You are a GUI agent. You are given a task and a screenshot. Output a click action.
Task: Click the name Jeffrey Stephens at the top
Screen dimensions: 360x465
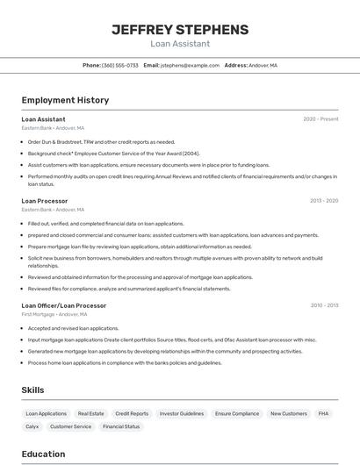[x=180, y=30]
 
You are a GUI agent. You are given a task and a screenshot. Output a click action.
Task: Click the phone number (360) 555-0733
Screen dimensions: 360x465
[x=119, y=65]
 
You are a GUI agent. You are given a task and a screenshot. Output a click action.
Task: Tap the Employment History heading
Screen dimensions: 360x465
[x=65, y=100]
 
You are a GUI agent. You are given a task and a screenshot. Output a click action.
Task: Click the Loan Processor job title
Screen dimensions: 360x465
[x=44, y=200]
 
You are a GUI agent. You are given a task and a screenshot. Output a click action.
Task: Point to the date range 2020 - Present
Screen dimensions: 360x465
[x=320, y=119]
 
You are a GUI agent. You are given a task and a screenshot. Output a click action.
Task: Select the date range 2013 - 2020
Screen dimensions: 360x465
[x=323, y=200]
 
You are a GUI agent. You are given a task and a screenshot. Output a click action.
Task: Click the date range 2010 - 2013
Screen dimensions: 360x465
[x=323, y=305]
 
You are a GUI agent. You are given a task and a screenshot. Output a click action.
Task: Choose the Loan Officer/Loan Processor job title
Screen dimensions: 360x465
[x=63, y=305]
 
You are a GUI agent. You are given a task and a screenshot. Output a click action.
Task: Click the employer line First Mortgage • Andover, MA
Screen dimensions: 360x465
[x=54, y=314]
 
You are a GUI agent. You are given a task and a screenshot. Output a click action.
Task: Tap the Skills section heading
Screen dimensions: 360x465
[x=33, y=389]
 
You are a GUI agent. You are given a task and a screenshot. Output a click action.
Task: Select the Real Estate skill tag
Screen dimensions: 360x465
[x=91, y=413]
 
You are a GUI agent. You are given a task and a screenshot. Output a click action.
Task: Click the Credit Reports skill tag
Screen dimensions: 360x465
[x=132, y=413]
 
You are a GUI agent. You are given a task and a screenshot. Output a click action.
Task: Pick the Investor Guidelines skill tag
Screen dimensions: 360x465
[x=182, y=413]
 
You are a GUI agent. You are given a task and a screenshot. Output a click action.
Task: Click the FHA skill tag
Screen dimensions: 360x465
[x=323, y=413]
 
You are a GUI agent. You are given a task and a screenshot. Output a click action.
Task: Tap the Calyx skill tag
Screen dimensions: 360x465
[x=32, y=426]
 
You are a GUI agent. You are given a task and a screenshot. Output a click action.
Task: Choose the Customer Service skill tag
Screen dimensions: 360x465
[x=70, y=426]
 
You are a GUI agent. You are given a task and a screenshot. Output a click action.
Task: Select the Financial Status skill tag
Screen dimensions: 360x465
[x=121, y=426]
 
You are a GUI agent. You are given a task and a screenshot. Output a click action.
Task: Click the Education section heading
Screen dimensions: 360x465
[x=44, y=454]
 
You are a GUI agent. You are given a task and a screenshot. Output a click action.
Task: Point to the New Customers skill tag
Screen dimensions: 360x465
[x=288, y=413]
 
